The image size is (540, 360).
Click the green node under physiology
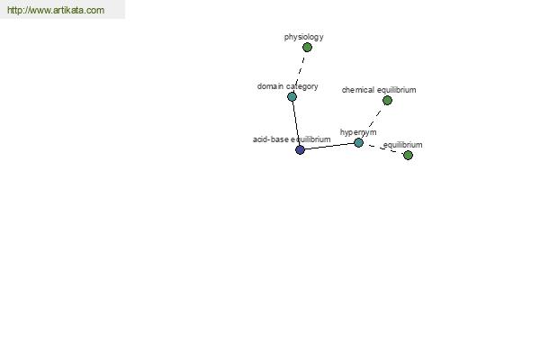click(307, 47)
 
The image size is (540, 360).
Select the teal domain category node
click(292, 97)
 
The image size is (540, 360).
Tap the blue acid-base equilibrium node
click(300, 150)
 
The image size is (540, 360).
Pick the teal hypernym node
click(358, 142)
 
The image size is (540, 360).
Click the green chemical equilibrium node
click(387, 100)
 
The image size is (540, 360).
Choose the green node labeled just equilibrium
click(408, 156)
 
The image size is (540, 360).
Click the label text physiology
click(304, 37)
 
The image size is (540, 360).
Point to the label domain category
click(288, 86)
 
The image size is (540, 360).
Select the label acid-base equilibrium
click(292, 139)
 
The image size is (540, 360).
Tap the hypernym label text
click(358, 132)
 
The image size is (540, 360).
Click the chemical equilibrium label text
click(379, 90)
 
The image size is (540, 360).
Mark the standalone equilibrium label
click(402, 145)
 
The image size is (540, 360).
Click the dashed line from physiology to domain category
click(300, 72)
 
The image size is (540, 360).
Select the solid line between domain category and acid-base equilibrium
click(296, 123)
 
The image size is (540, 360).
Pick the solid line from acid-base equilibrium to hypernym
click(329, 147)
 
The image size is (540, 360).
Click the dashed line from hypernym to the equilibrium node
click(383, 148)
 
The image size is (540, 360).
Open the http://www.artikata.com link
click(56, 10)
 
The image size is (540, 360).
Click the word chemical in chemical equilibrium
click(358, 90)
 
